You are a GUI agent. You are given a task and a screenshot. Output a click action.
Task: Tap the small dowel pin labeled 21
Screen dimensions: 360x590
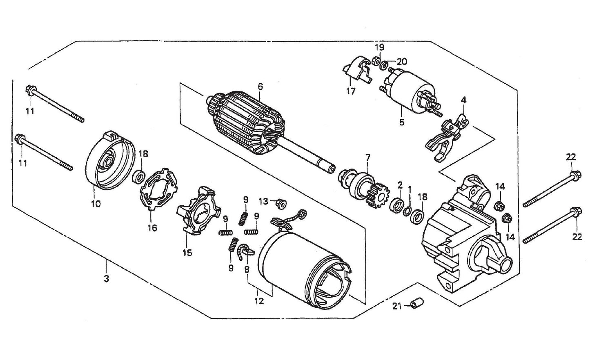pos(417,304)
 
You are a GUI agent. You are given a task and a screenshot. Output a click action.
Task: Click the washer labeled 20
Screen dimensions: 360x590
pos(385,65)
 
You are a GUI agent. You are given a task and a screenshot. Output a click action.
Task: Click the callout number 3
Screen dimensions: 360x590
pos(107,279)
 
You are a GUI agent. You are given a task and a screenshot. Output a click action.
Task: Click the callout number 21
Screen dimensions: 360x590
pos(397,306)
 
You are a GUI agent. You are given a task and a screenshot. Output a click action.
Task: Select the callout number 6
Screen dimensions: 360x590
pos(260,87)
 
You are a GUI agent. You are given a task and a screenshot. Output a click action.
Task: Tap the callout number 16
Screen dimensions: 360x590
pos(152,228)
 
